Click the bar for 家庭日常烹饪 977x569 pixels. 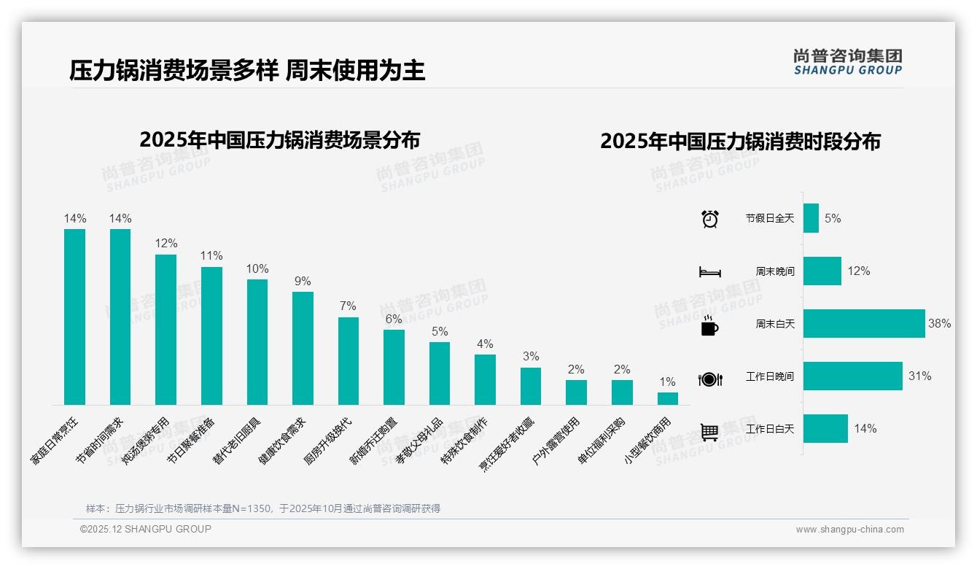coord(74,317)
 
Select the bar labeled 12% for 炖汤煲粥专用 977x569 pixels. coord(166,329)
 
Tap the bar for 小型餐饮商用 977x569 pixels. coord(667,398)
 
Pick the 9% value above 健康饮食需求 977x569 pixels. coord(303,281)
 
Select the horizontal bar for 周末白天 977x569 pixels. coord(863,323)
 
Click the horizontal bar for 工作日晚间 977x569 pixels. coord(852,376)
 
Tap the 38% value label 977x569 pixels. coord(939,323)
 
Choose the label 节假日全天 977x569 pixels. coord(769,218)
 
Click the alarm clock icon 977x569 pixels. coord(709,218)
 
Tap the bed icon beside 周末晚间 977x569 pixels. coord(709,271)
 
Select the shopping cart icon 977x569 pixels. coord(709,432)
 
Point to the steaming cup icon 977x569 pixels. coord(709,325)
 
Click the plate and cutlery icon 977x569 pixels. coord(709,379)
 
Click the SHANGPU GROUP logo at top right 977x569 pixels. coord(847,62)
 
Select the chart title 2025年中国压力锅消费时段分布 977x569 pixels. coord(740,141)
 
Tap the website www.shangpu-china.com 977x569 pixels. coord(849,530)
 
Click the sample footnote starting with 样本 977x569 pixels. coord(263,508)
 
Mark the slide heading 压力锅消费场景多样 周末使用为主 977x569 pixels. coord(247,71)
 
